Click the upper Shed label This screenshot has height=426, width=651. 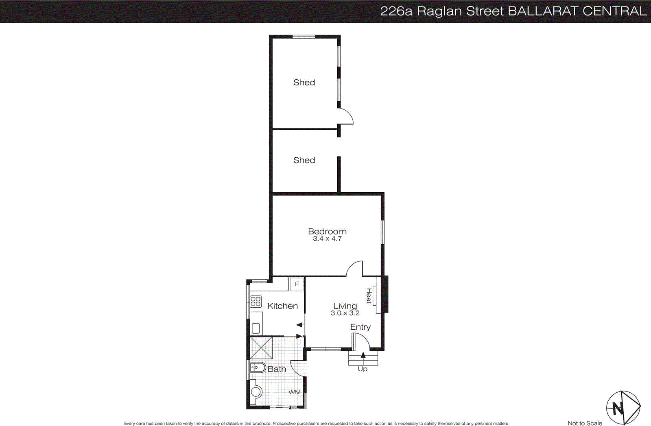pos(304,83)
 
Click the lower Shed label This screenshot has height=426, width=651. pos(304,160)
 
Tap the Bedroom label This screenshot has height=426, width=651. pos(327,231)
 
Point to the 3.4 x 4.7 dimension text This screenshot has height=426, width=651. pos(327,239)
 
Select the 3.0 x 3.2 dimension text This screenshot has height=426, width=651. pos(345,313)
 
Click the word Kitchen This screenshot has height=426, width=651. pos(282,306)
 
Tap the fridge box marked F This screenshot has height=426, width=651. pos(297,284)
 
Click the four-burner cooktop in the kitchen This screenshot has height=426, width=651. pos(256,302)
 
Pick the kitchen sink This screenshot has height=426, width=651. pos(256,328)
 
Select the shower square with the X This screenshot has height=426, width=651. pos(261,348)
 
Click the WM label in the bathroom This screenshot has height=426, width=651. pos(294,392)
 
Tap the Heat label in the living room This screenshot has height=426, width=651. pos(369,296)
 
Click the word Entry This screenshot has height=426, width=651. pos(360,327)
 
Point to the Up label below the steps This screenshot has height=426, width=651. pos(363,369)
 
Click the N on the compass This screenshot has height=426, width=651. pos(618,408)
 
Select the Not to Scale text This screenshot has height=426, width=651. pos(585,423)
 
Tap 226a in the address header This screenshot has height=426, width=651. pos(396,11)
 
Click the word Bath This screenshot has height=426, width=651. pos(277,369)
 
